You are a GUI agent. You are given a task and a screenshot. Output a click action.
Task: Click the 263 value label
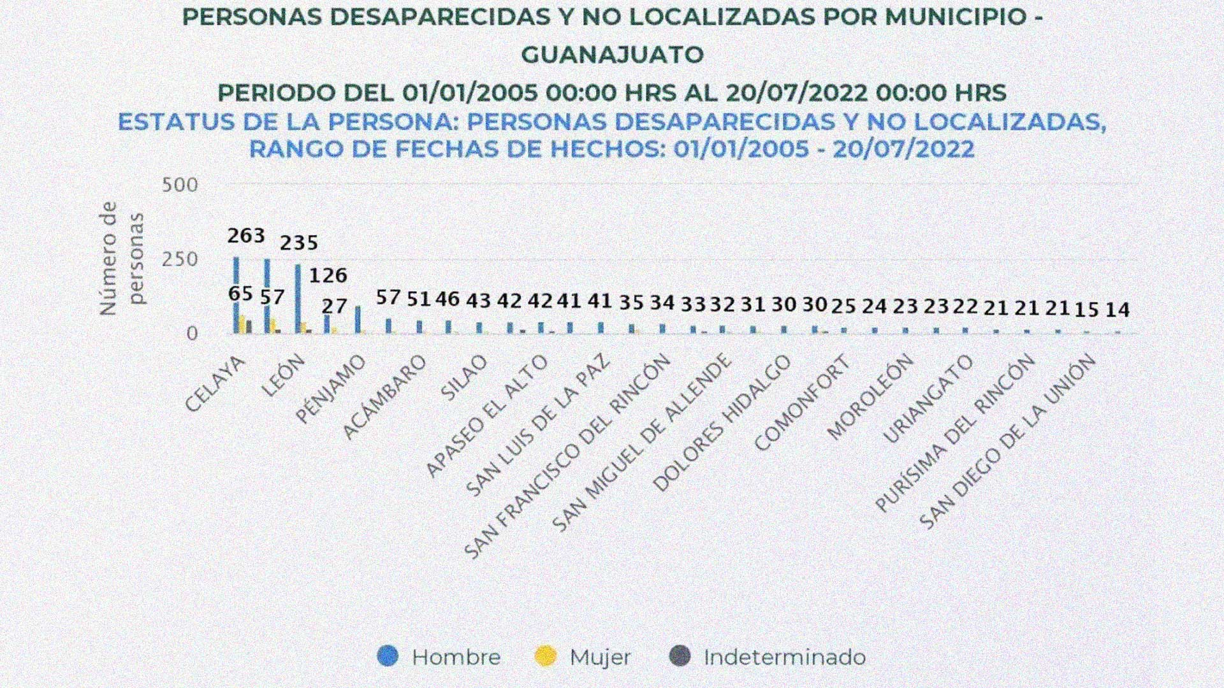coord(246,236)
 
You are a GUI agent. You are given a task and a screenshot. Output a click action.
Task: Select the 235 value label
coord(299,243)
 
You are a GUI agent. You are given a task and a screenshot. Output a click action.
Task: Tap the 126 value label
coord(328,275)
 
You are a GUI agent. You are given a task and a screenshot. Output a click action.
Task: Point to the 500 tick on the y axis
coord(180,185)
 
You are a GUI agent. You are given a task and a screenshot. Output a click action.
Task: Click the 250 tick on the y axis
coord(180,259)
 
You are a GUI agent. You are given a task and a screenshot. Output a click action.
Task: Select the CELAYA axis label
coord(215,384)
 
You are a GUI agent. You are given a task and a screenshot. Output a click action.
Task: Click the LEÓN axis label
coord(283,376)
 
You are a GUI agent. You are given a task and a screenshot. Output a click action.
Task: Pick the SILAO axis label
coord(464,378)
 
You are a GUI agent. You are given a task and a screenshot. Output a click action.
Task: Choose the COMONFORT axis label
coord(802,403)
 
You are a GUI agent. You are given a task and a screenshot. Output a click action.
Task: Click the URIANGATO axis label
coord(928,399)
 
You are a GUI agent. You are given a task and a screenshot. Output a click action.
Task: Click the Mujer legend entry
coord(583,657)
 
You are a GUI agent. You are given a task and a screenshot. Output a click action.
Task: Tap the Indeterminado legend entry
coord(768,657)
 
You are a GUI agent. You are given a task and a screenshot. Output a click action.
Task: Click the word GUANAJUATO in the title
coord(612,55)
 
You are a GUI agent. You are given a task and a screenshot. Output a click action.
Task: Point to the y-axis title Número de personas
coord(122,258)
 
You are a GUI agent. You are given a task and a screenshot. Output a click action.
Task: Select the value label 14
coord(1117,310)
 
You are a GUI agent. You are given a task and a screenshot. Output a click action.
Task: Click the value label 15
coord(1086,310)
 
